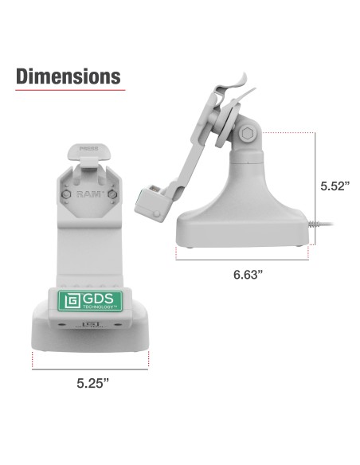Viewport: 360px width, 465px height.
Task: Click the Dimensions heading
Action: tap(68, 76)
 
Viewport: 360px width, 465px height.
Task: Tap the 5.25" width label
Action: tap(92, 383)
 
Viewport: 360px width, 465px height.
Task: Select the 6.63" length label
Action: tap(249, 275)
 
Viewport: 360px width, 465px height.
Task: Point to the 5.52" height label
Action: tap(336, 186)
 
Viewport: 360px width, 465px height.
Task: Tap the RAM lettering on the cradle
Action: tap(88, 193)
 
